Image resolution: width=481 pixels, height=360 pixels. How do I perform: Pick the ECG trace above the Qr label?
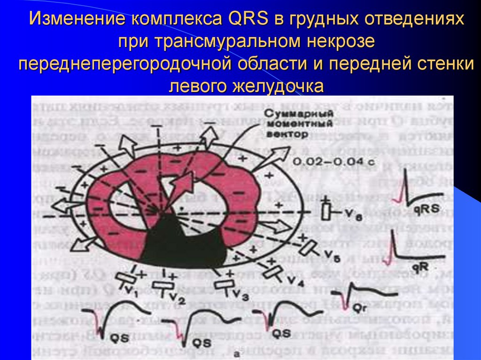point(362,293)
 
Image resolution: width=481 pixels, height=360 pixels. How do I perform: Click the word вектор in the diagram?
point(286,134)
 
